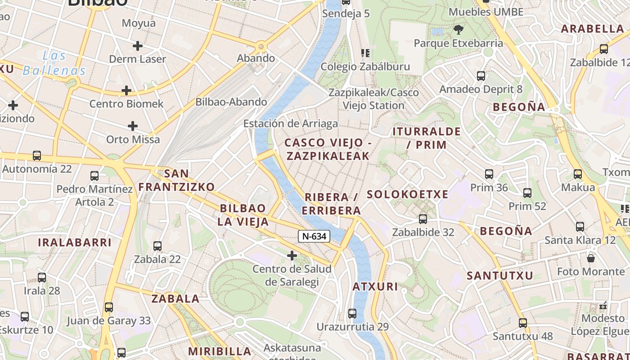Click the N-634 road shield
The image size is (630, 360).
click(314, 236)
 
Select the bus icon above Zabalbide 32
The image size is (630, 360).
click(423, 219)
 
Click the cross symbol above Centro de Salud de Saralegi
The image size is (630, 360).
click(292, 256)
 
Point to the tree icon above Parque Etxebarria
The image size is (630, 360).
click(459, 30)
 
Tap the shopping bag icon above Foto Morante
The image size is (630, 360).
click(591, 258)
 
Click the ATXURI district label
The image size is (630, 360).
click(375, 287)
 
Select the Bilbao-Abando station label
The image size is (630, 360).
click(231, 102)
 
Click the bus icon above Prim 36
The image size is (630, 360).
click(489, 174)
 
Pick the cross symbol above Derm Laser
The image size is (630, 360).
click(138, 45)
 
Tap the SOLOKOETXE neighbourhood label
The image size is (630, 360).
click(407, 194)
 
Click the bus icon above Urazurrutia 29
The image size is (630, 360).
click(352, 313)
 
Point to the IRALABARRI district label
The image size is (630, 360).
click(74, 243)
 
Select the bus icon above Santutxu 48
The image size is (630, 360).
click(522, 323)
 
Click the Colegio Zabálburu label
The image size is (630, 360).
click(365, 67)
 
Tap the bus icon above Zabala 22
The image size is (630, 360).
click(157, 246)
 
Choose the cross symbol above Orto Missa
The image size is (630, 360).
click(133, 126)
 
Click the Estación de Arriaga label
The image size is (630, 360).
click(290, 123)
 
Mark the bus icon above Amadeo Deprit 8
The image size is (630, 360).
click(481, 76)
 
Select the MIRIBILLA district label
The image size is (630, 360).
click(220, 351)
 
